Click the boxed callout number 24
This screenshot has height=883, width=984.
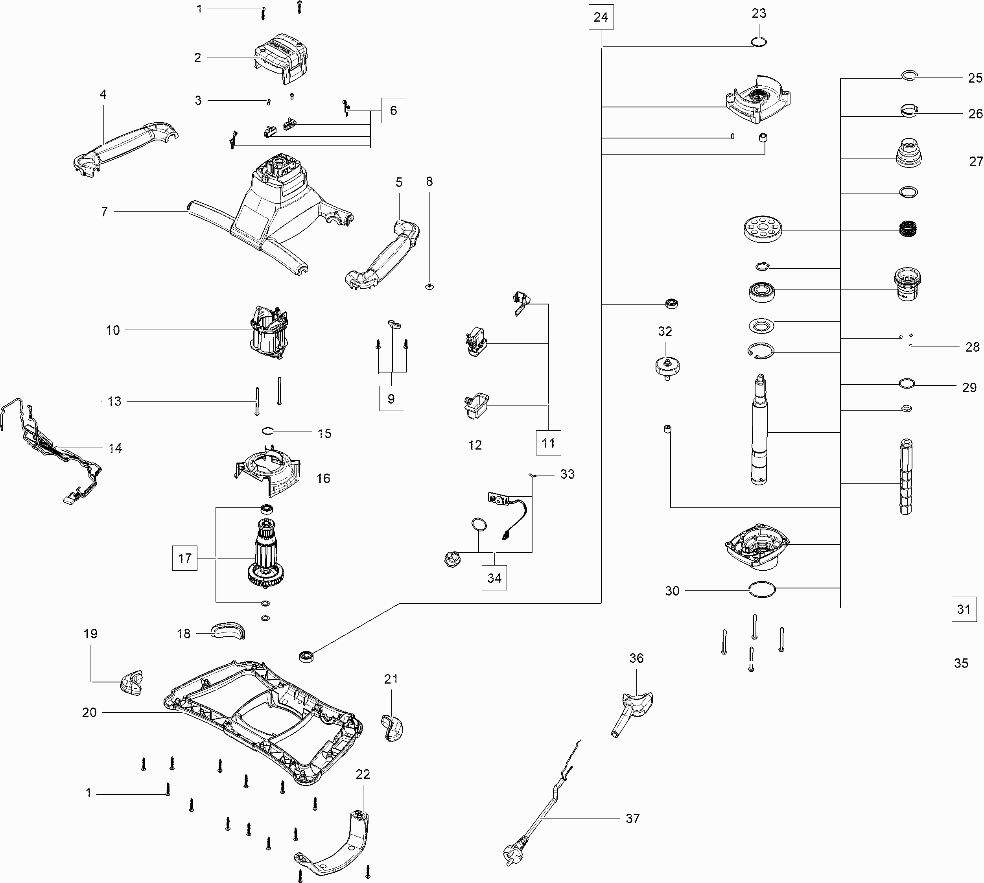tap(601, 17)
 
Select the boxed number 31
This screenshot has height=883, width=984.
tap(964, 609)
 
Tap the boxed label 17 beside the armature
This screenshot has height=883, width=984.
tap(185, 558)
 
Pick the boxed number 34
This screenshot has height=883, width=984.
tap(494, 578)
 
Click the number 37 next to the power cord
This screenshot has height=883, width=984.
tap(633, 818)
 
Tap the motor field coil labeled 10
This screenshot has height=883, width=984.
tap(268, 331)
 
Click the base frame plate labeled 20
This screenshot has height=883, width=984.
tap(262, 718)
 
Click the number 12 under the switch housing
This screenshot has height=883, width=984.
tap(475, 445)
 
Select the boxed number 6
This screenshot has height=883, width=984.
tap(393, 111)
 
